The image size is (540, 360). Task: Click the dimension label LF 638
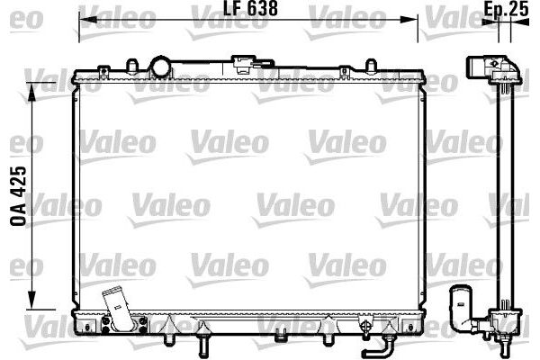(250, 8)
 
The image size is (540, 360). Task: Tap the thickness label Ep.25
(506, 9)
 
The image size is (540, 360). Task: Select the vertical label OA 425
(18, 196)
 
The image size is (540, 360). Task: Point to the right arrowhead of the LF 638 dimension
(409, 19)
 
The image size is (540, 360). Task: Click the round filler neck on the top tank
(160, 67)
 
